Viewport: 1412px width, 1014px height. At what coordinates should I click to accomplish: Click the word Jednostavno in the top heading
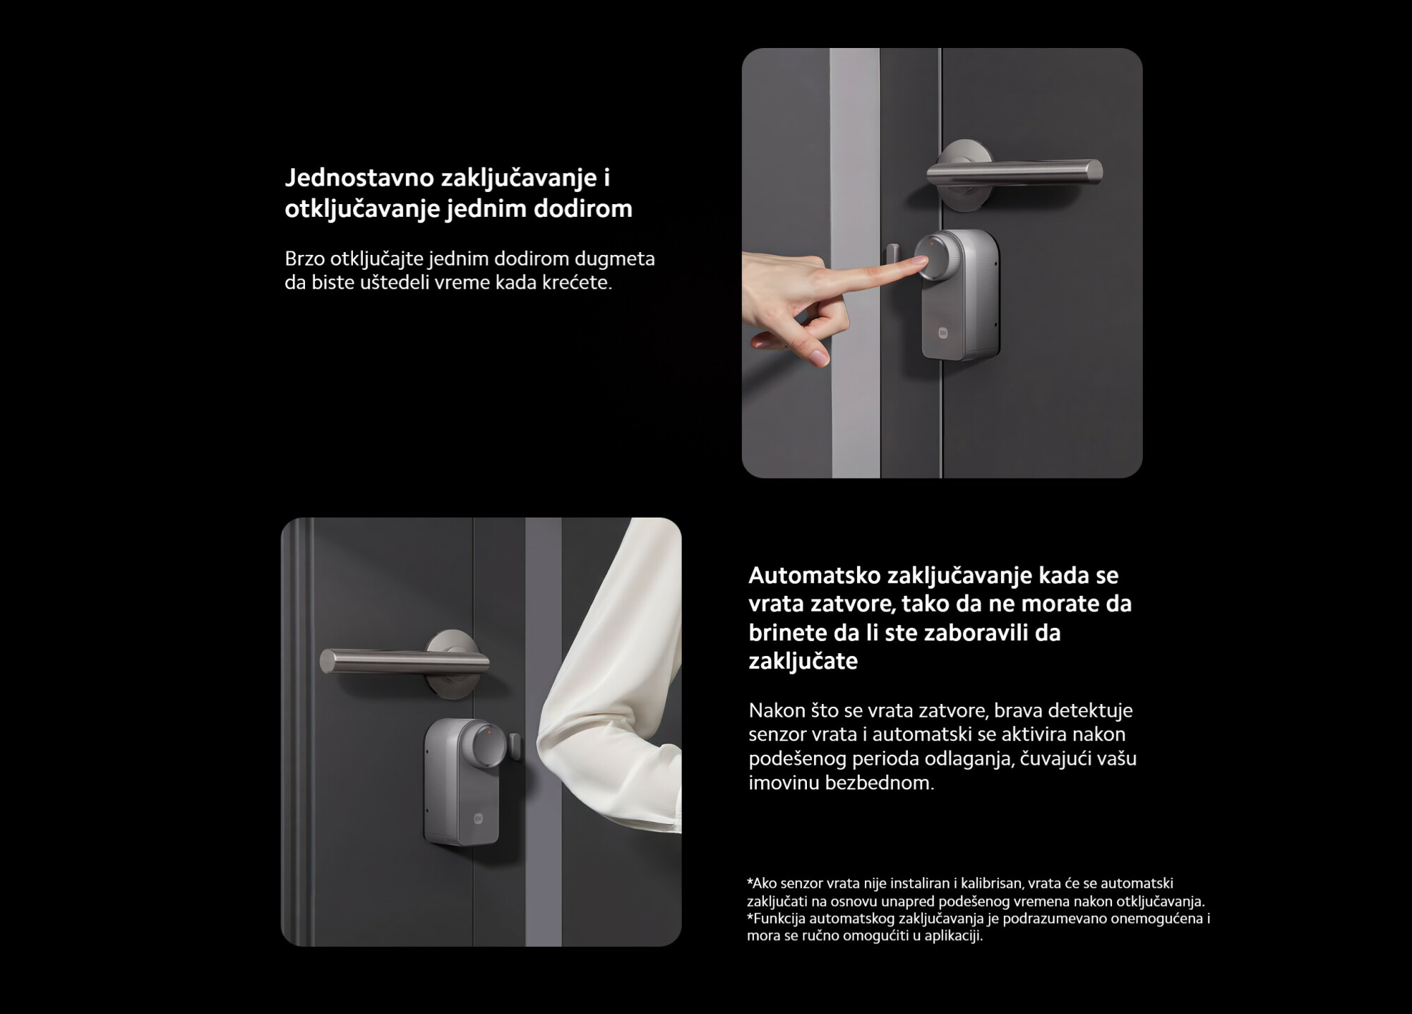[359, 179]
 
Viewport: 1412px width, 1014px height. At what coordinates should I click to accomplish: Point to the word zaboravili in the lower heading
[974, 633]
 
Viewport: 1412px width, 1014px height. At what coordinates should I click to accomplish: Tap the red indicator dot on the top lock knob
[931, 244]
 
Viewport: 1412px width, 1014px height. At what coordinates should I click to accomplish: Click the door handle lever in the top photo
[1015, 172]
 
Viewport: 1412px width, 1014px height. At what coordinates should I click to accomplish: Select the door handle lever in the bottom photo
[405, 662]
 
